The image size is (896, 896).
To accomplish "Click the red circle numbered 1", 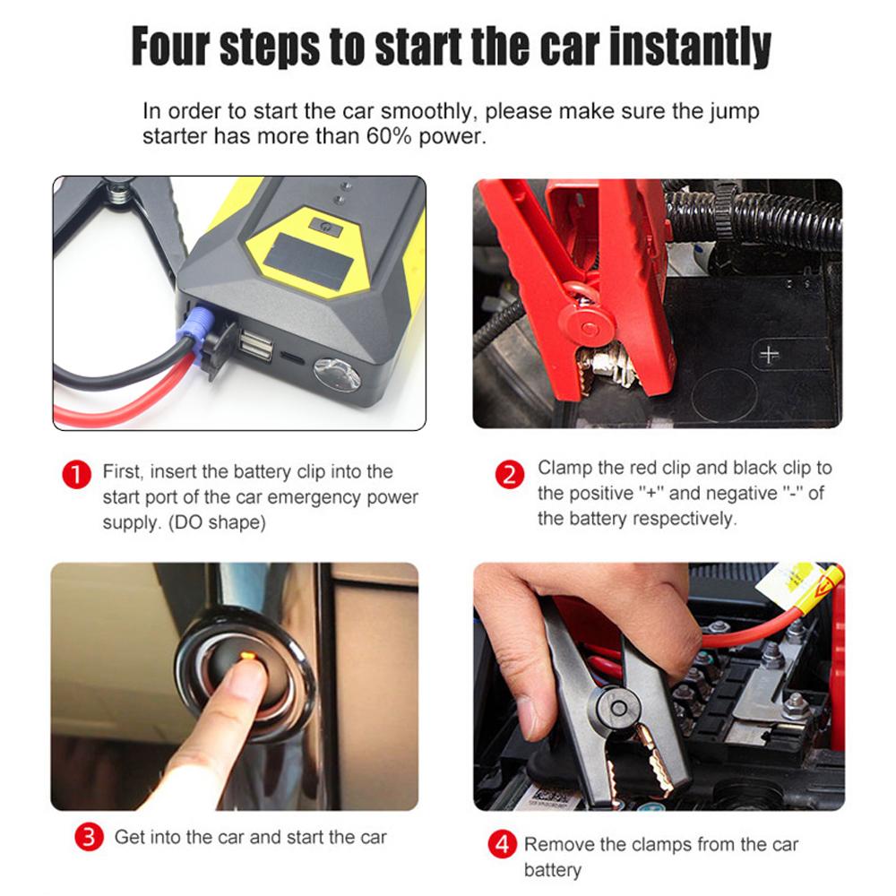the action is pos(76,474).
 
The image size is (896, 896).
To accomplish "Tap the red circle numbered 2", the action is pos(510,474).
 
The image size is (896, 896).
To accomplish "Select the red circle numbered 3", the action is pos(89,837).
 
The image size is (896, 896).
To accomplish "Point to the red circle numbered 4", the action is pos(503,845).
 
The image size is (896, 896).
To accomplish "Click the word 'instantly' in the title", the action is pos(690,47).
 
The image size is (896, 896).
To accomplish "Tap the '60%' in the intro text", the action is pos(389,136).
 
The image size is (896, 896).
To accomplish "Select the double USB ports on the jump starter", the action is pos(255,345).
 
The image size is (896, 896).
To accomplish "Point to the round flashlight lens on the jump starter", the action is pos(337,375).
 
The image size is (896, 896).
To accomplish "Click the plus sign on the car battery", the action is pos(769,355).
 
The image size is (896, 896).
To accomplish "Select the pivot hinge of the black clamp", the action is pos(617,709).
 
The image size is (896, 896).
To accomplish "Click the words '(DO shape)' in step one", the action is pos(217,523).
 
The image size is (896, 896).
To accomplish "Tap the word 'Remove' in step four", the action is pos(559,845).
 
